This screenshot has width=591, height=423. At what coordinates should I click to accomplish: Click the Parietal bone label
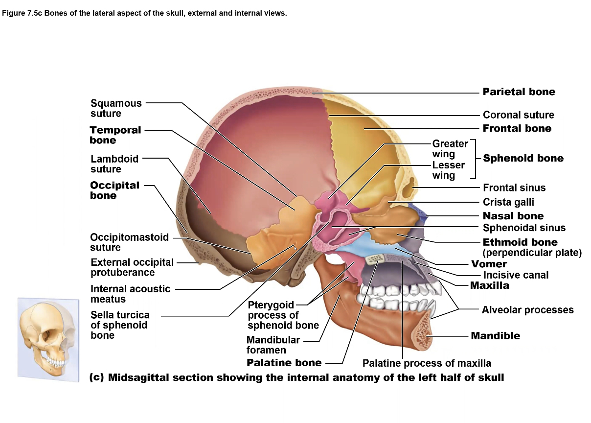[519, 92]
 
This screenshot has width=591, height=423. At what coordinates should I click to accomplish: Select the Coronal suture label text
[518, 115]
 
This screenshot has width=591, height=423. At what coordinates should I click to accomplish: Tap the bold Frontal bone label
[517, 128]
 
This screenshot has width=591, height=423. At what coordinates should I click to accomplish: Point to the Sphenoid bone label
[523, 158]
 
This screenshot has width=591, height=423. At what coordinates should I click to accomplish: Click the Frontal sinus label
[514, 188]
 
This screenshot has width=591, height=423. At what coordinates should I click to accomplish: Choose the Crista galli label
[508, 202]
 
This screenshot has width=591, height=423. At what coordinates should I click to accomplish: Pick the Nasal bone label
[513, 216]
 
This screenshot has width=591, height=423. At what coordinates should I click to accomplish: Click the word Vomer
[489, 264]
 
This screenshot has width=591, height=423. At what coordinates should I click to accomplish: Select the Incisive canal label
[516, 275]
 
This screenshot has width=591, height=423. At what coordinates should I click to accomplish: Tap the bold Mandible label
[495, 336]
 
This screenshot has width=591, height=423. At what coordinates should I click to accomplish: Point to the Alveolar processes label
[527, 310]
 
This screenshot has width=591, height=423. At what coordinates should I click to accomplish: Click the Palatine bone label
[284, 363]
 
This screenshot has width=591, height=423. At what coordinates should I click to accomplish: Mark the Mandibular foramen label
[273, 345]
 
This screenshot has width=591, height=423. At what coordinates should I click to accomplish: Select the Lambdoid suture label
[114, 164]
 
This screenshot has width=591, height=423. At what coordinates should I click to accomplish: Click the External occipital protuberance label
[132, 267]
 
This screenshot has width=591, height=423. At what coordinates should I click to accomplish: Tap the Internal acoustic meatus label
[130, 294]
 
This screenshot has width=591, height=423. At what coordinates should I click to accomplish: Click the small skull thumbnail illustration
[47, 339]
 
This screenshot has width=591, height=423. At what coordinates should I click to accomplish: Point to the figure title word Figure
[14, 13]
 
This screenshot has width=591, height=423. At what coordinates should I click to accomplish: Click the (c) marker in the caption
[96, 377]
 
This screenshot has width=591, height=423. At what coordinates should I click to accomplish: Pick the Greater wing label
[450, 149]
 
